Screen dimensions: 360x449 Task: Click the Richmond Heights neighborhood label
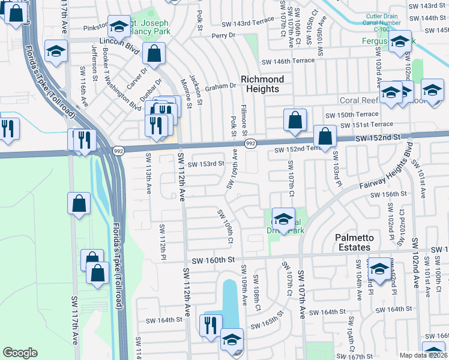(262, 84)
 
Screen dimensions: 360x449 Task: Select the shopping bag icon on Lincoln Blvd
(154, 53)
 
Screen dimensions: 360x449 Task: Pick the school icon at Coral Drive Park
(283, 218)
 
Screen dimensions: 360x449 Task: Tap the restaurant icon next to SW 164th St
(209, 325)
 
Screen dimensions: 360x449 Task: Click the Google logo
(20, 353)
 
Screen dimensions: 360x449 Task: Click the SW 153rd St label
(206, 164)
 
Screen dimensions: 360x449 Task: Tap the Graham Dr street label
(220, 86)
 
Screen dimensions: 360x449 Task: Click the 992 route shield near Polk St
(251, 143)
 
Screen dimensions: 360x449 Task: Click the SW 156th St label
(388, 194)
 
